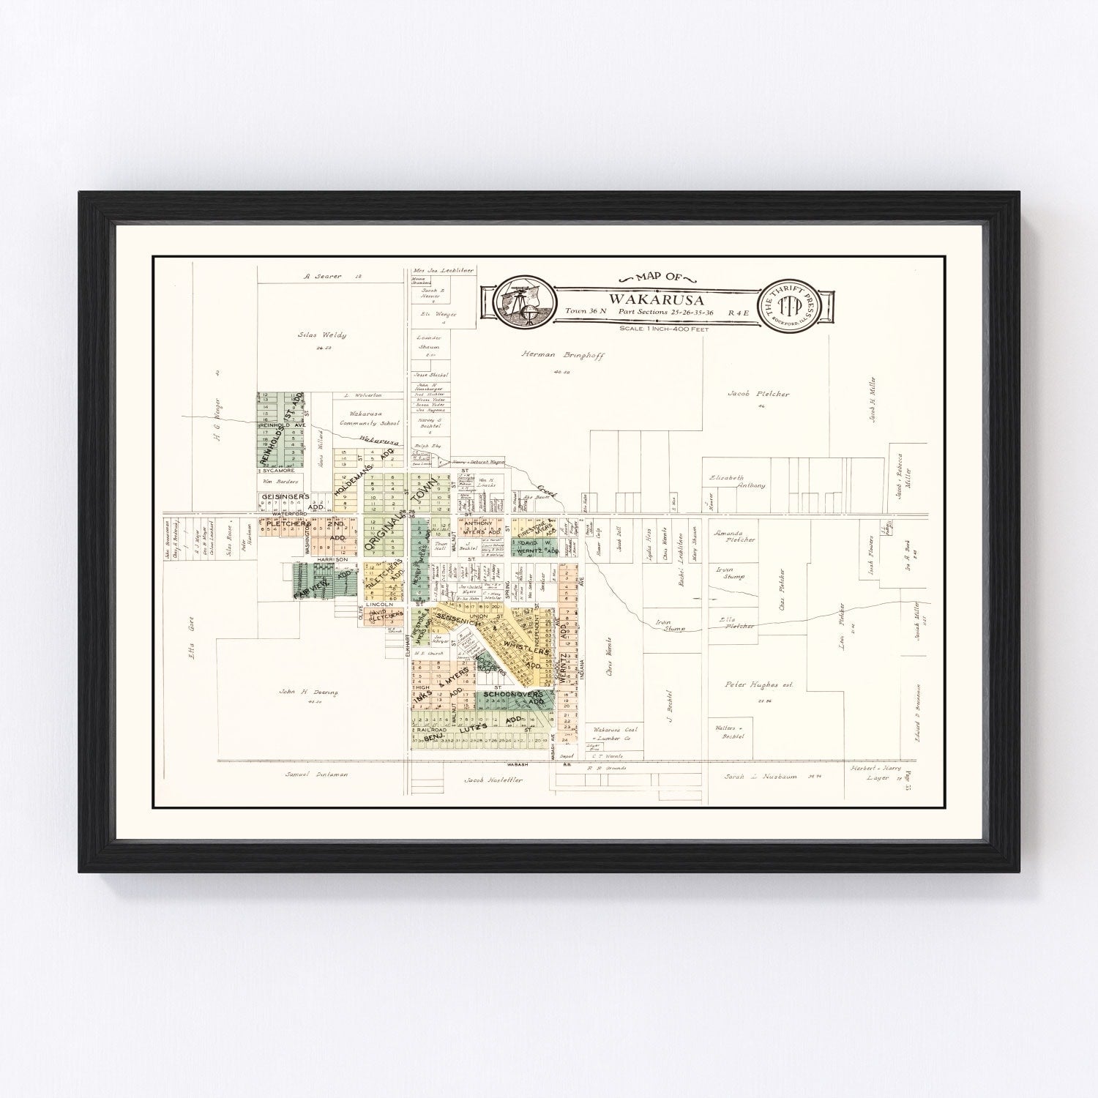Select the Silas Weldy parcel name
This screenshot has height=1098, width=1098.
tap(321, 335)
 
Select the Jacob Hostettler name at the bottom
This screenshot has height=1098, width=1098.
tap(493, 781)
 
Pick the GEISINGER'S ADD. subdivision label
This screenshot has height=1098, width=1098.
tap(284, 500)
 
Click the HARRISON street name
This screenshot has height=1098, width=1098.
tap(331, 559)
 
